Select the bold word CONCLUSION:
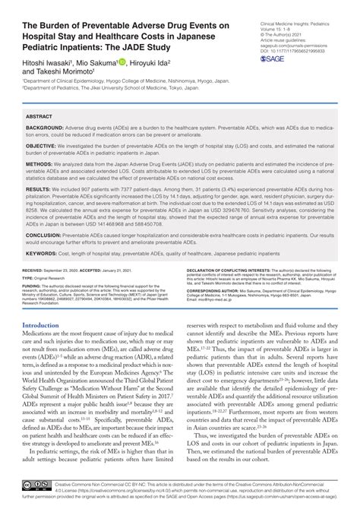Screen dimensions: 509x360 45,235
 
